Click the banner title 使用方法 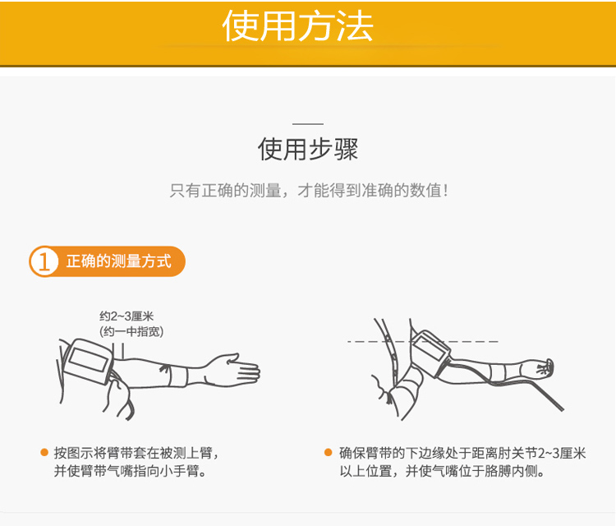[x=297, y=26]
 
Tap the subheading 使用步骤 [x=308, y=149]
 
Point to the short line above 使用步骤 [x=308, y=124]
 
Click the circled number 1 [x=44, y=261]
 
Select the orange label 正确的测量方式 [x=118, y=261]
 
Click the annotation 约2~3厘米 [x=126, y=316]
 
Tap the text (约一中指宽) [x=131, y=331]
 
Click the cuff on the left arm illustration [x=89, y=361]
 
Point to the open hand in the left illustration [x=232, y=370]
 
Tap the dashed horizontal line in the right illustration [x=423, y=341]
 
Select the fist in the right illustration [x=545, y=367]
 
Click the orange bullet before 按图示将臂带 [x=44, y=453]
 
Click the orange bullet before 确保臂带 [x=328, y=453]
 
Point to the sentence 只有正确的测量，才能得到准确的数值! [x=309, y=191]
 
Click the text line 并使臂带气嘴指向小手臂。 [x=130, y=471]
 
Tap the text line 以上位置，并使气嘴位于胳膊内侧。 [x=442, y=471]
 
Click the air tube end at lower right [x=562, y=408]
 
